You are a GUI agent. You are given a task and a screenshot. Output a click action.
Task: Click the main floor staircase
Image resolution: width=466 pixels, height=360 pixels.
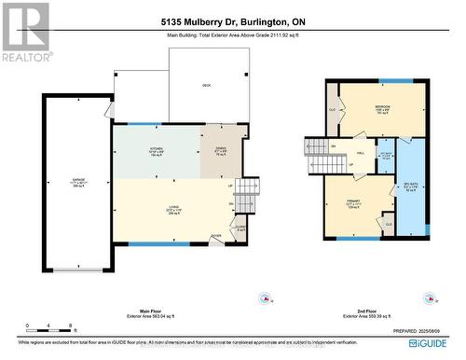coord(245,198)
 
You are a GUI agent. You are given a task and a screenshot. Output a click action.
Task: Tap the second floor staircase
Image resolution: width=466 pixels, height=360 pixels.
coord(318,158)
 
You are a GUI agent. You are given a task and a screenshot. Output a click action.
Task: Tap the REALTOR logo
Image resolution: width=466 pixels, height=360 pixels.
coord(24,33)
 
